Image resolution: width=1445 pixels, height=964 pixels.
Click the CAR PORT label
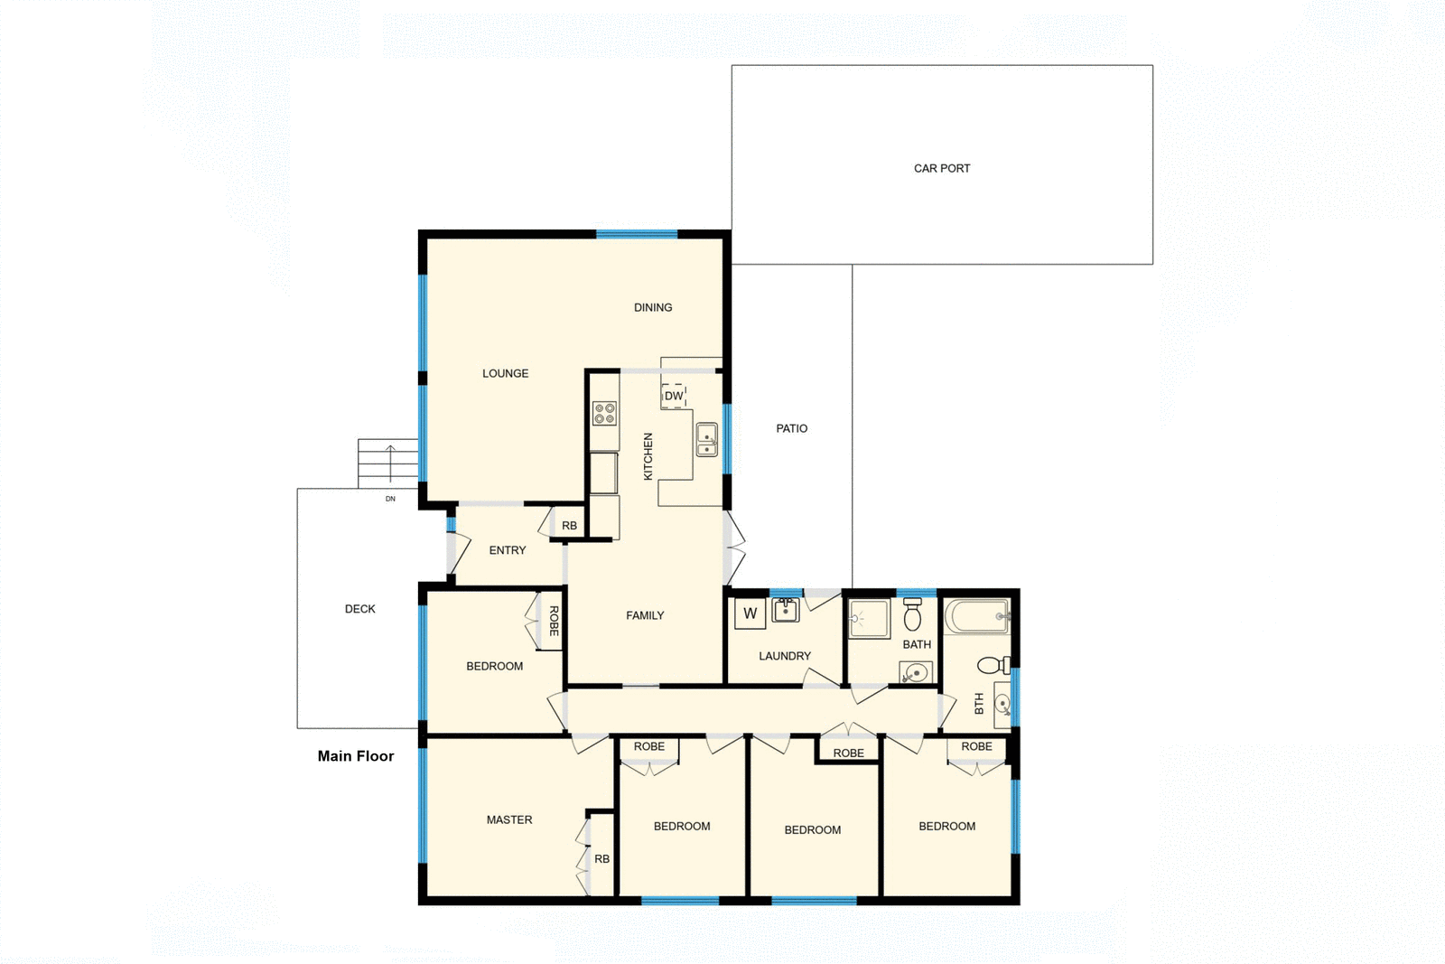[942, 168]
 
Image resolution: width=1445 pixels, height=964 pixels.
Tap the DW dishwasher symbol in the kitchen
[674, 396]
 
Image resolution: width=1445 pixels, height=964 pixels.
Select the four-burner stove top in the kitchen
[604, 414]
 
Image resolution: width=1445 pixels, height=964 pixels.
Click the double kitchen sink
[706, 439]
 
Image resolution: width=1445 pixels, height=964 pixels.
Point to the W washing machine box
[750, 614]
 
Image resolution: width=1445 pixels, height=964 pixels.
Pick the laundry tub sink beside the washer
[785, 611]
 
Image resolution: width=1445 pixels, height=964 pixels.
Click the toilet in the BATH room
[912, 615]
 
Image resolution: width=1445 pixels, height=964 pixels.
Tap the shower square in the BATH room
[869, 619]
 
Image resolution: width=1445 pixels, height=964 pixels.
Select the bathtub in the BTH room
[976, 617]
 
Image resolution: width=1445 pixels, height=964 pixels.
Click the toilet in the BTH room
[992, 666]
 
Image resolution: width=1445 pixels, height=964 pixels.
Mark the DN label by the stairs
[390, 499]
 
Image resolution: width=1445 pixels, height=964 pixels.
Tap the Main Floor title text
[356, 756]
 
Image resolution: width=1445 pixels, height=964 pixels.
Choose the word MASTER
[509, 820]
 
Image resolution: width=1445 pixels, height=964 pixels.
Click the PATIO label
[792, 428]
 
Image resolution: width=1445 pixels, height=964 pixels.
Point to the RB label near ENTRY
[569, 526]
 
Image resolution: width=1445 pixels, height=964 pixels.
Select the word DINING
[653, 307]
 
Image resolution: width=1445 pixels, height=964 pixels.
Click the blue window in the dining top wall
[637, 234]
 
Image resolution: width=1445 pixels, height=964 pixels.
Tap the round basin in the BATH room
[916, 672]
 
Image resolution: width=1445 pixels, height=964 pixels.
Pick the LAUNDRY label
[785, 656]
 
